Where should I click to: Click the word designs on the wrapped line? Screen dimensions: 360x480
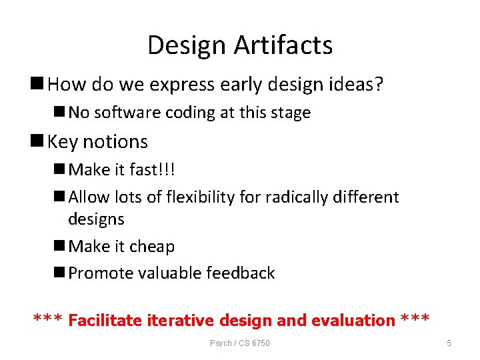click(x=96, y=219)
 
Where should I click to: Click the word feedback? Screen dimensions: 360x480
click(x=241, y=273)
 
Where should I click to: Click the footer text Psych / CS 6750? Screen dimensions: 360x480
click(x=240, y=343)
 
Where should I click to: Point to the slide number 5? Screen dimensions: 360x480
click(x=449, y=343)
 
